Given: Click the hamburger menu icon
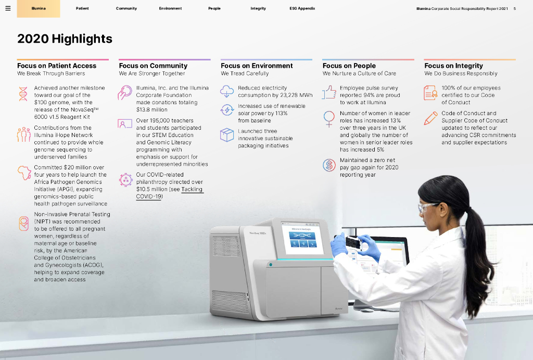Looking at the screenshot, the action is [8, 8].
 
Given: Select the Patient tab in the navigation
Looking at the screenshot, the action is [82, 8].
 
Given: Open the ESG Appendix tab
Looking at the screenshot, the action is [302, 8].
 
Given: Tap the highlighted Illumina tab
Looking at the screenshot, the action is [39, 8].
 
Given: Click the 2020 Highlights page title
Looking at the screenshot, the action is [65, 39].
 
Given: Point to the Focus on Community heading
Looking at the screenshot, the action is [154, 66].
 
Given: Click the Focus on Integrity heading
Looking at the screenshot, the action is [453, 66].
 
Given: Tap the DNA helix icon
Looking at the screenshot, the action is [23, 94].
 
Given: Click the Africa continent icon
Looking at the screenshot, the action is [24, 173].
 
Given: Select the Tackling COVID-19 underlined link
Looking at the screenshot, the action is [169, 193].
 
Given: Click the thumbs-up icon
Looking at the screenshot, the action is [329, 92].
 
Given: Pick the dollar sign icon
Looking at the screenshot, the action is [329, 165].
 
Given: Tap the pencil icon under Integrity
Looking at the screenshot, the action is [430, 118].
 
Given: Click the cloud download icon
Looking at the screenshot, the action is [227, 91].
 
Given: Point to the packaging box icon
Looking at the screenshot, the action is [227, 135].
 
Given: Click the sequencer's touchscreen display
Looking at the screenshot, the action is [302, 238].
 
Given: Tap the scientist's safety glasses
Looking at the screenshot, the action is [427, 207].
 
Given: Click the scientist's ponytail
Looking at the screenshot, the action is [478, 258].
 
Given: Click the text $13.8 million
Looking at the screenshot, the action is [151, 109].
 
